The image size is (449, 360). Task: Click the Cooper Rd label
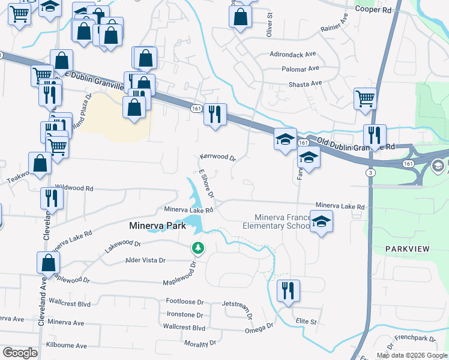[x=373, y=10]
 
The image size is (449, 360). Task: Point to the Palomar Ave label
[x=300, y=69]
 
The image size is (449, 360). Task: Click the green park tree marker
[x=197, y=247]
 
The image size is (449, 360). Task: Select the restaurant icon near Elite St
[x=288, y=290]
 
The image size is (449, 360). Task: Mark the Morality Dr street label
[x=200, y=343]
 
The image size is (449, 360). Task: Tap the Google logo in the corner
[x=20, y=353]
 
